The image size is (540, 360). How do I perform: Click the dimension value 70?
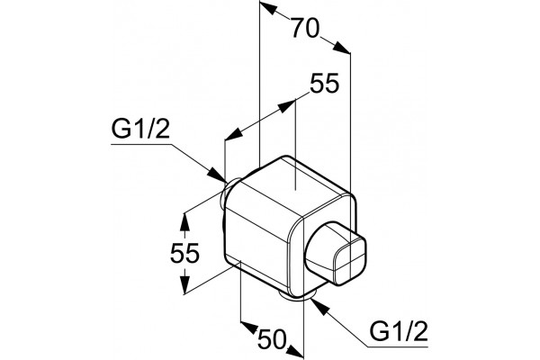305,28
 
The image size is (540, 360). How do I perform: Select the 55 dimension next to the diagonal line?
324,84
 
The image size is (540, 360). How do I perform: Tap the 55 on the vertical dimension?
184,253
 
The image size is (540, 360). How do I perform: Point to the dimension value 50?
272,339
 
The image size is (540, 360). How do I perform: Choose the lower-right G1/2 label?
399,331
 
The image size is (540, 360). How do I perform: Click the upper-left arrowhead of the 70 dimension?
268,8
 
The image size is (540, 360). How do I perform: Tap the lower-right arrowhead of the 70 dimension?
342,47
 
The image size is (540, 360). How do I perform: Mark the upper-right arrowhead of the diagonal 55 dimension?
287,106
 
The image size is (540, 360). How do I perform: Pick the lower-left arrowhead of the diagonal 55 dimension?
233,133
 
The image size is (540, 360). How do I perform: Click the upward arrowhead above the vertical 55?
184,222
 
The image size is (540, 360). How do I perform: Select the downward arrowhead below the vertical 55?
184,284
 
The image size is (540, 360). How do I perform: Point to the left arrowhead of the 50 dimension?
249,328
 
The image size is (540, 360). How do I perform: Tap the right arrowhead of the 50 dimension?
295,351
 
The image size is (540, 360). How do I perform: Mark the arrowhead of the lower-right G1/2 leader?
318,306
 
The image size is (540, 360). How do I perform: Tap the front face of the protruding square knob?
349,257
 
